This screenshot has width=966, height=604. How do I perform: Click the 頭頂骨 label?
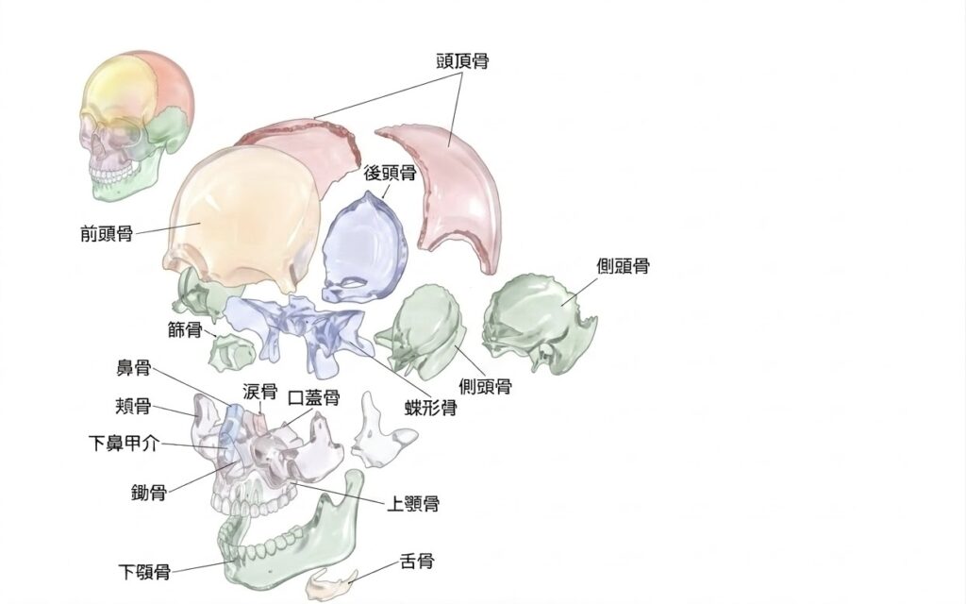[x=462, y=61]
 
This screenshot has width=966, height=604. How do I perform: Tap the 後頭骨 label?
[x=390, y=174]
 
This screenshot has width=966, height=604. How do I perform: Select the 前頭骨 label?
[x=107, y=234]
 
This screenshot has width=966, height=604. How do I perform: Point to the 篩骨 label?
[x=186, y=329]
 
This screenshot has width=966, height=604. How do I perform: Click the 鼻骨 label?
[x=134, y=369]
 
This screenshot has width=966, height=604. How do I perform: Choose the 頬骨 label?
[x=133, y=406]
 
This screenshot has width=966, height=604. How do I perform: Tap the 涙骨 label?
[x=260, y=392]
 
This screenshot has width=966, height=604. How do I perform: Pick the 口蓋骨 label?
[x=314, y=397]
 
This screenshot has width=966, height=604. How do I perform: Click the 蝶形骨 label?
[x=430, y=408]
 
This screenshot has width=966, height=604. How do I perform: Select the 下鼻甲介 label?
[x=124, y=444]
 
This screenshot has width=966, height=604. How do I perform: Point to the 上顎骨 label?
[x=413, y=504]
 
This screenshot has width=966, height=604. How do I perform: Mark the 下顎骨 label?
[x=144, y=572]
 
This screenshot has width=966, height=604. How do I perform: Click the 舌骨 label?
[x=417, y=561]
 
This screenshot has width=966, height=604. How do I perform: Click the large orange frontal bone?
[x=241, y=216]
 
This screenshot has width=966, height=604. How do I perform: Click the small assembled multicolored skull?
[x=137, y=126]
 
